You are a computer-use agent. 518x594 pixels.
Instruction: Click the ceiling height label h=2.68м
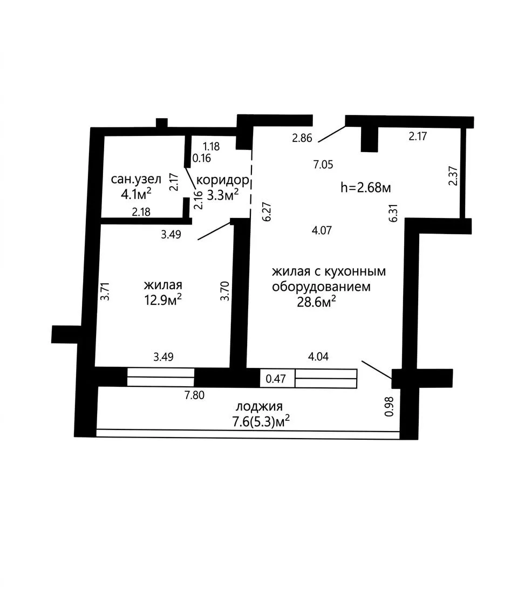click(366, 187)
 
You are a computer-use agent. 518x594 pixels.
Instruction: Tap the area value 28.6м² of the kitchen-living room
click(316, 302)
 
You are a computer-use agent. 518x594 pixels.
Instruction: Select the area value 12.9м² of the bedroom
click(163, 299)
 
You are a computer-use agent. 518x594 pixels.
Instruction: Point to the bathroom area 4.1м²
click(136, 194)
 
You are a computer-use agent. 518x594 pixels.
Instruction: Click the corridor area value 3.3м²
click(223, 195)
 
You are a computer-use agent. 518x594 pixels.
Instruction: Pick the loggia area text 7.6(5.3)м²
click(262, 421)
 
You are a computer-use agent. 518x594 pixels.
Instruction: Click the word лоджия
click(259, 406)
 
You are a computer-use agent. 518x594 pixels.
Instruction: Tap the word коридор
click(223, 180)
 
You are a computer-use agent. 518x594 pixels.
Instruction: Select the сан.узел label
click(136, 179)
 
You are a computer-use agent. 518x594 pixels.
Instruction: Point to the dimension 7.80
click(194, 395)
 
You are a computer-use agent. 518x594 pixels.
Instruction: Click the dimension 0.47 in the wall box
click(276, 378)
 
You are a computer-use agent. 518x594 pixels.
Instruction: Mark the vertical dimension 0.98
click(389, 406)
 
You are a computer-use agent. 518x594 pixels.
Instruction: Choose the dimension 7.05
click(323, 165)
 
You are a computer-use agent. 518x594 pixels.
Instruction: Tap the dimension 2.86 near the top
click(302, 138)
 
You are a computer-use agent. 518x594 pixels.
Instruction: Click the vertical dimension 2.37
click(453, 176)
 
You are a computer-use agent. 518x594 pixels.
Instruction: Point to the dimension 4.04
click(318, 357)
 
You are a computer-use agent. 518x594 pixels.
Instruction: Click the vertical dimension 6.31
click(393, 213)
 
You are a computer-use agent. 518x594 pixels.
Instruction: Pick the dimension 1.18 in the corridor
click(211, 146)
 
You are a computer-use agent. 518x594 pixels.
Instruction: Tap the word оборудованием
click(322, 287)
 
